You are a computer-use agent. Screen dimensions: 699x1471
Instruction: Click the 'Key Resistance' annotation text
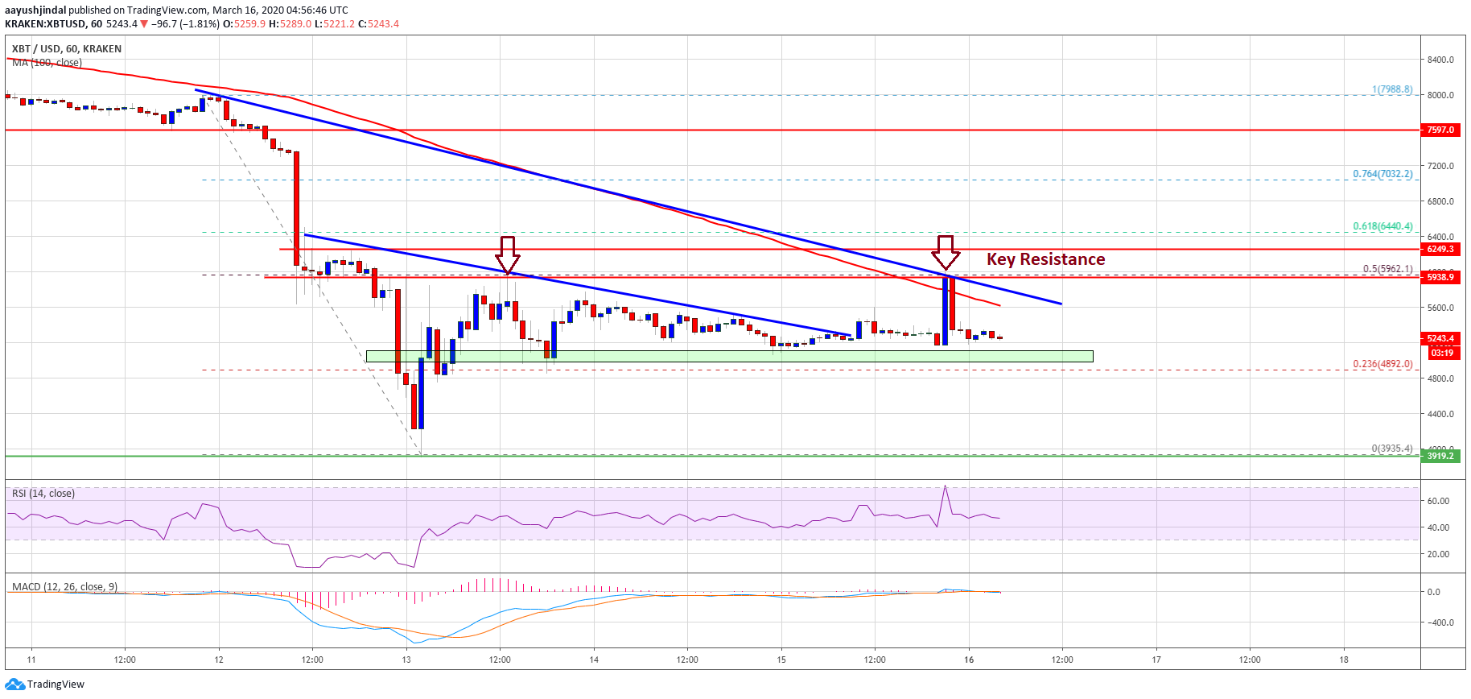[1045, 259]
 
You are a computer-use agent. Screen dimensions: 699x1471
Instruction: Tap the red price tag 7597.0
[1440, 130]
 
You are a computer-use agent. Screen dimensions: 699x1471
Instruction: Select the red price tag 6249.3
[1440, 250]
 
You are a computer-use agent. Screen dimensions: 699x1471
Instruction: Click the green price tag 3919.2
[1440, 456]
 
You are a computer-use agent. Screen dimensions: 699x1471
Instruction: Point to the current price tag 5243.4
[1440, 338]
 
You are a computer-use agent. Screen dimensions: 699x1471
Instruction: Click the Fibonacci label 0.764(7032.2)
[1382, 174]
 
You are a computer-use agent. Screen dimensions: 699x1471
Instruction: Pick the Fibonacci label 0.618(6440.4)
[1382, 226]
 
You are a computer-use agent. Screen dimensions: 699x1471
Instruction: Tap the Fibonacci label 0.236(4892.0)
[1382, 364]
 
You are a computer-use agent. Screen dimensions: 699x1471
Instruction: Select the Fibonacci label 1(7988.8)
[1391, 89]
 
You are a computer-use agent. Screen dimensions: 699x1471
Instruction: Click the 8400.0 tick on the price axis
[1440, 60]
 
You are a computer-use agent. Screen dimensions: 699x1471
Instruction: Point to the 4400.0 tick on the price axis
[1440, 414]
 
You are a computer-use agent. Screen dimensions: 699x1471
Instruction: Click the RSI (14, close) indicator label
[43, 494]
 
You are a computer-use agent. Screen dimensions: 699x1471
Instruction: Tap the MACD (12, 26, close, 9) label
[64, 586]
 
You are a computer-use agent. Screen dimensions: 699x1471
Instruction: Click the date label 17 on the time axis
[1156, 660]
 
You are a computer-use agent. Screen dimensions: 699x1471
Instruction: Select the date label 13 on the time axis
[406, 660]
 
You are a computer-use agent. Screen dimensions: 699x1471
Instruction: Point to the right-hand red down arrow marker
[946, 252]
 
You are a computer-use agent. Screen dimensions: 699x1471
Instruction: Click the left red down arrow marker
[507, 254]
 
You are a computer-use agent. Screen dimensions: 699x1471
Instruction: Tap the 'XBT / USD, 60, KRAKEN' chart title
[67, 49]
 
